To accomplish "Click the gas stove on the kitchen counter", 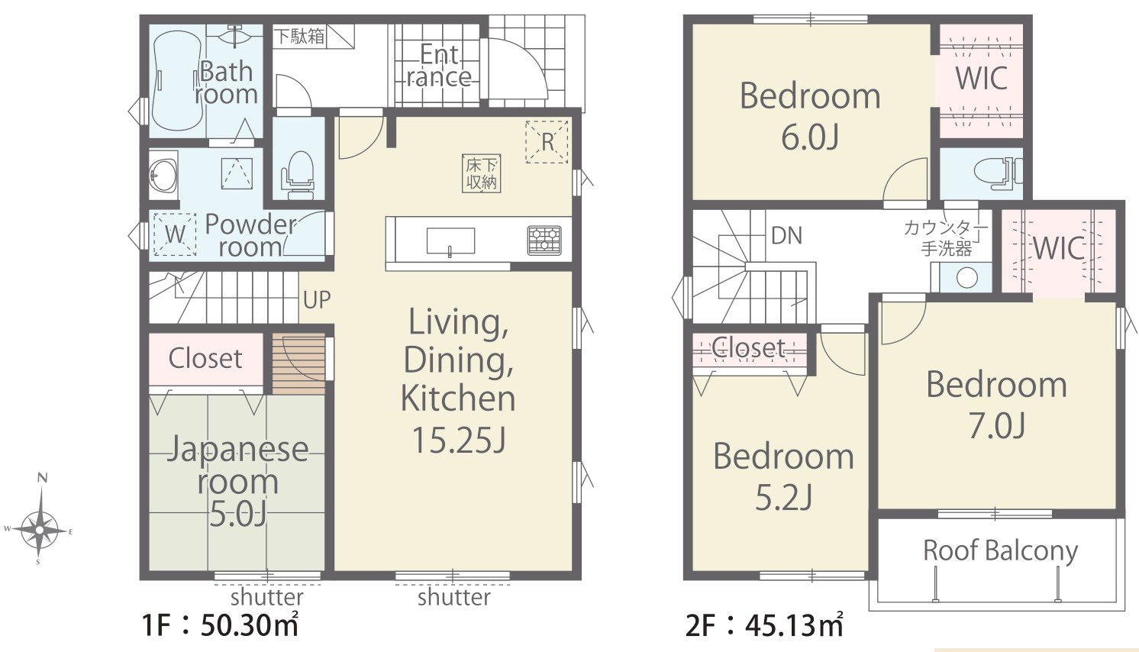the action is pyautogui.click(x=544, y=240).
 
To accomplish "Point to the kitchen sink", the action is pyautogui.click(x=450, y=241).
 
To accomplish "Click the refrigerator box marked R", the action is pyautogui.click(x=547, y=142).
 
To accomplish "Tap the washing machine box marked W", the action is pyautogui.click(x=175, y=234).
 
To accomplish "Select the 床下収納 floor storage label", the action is pyautogui.click(x=481, y=174).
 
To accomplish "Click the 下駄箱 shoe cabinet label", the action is pyautogui.click(x=299, y=36).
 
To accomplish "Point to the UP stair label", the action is pyautogui.click(x=317, y=300).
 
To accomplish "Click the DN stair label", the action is pyautogui.click(x=786, y=235).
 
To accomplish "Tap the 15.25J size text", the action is pyautogui.click(x=459, y=440).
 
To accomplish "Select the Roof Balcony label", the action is pyautogui.click(x=1000, y=550).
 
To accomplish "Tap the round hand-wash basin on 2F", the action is pyautogui.click(x=966, y=278).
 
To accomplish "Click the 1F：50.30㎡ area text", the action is pyautogui.click(x=220, y=625).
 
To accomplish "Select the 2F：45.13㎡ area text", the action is pyautogui.click(x=764, y=625).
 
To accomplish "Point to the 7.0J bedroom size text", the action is pyautogui.click(x=997, y=426).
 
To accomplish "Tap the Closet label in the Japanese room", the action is pyautogui.click(x=205, y=359).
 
